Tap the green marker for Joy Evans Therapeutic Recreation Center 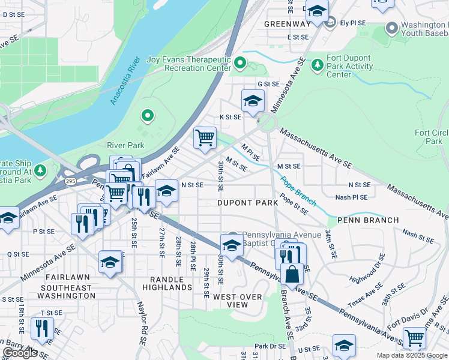(x=240, y=62)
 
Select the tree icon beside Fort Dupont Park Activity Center (x=317, y=64)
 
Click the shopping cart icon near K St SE (x=205, y=137)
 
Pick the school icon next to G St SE (x=253, y=100)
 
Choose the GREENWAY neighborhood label (x=287, y=24)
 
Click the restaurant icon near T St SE (x=41, y=327)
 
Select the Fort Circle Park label (x=432, y=137)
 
